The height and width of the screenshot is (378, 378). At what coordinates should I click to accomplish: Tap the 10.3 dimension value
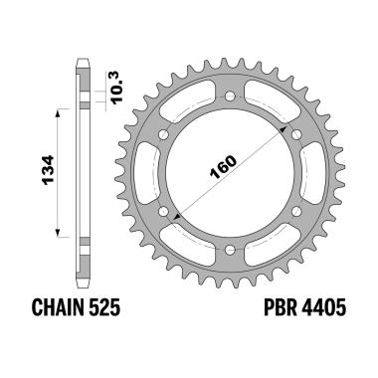(x=112, y=88)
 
